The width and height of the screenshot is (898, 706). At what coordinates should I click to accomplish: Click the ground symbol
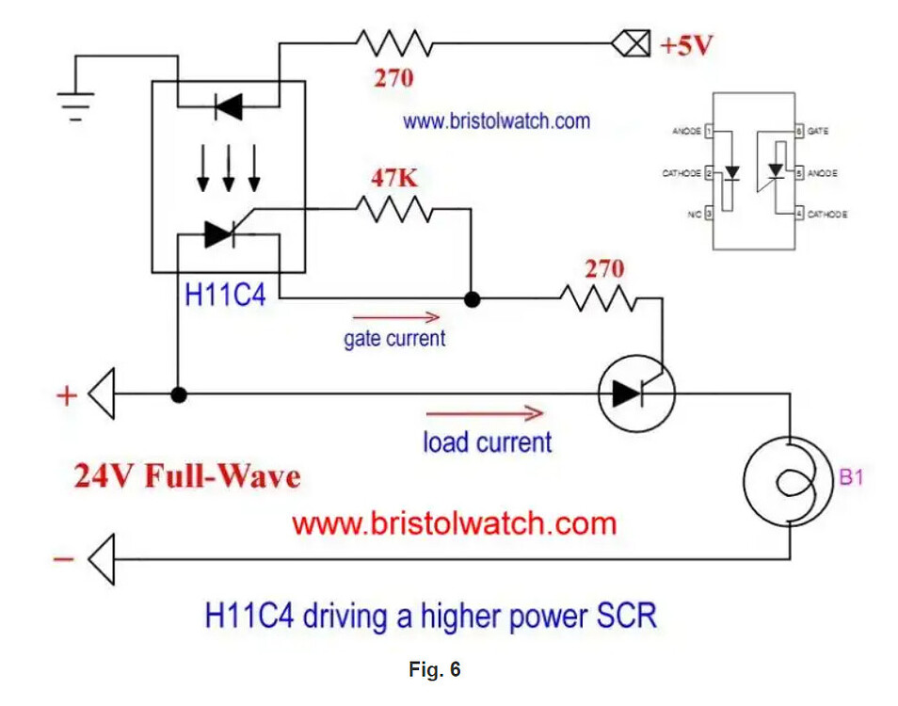point(76,102)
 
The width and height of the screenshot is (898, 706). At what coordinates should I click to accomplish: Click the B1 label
point(851,478)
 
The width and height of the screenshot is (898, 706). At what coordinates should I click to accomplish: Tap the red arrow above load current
point(485,413)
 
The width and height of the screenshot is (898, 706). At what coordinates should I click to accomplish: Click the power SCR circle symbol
point(636,394)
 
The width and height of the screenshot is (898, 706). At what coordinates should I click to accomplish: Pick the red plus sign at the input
point(66,395)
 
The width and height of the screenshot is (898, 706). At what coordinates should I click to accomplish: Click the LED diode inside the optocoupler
point(227,107)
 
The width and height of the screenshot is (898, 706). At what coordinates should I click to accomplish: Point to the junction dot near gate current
point(473,299)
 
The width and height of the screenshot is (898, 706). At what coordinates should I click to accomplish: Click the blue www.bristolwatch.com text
point(496,121)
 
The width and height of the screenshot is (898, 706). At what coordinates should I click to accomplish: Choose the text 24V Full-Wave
point(187,475)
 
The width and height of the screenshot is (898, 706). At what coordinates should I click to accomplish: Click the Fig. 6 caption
point(434,669)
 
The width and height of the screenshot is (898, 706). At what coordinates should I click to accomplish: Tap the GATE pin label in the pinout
point(818,132)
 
